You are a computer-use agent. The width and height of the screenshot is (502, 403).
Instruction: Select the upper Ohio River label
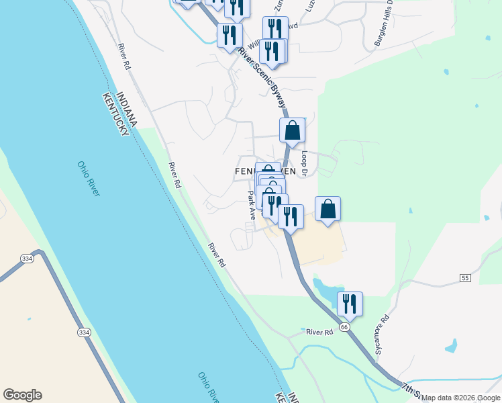pos(88,178)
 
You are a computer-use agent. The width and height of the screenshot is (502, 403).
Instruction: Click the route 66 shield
pos(344,326)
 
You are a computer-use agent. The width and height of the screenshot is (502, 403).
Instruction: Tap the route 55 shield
pos(464,277)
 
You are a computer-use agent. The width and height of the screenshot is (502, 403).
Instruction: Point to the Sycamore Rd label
pos(382,336)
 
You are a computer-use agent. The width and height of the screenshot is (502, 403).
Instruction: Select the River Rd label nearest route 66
pos(319,332)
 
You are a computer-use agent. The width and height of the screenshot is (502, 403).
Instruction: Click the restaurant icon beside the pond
pos(350,304)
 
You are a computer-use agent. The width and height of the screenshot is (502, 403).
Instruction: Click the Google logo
pos(22,395)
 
